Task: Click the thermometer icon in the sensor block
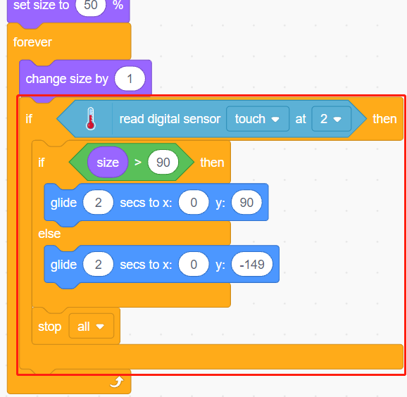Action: [91, 118]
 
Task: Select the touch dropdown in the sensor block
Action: [258, 119]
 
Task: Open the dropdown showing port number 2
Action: [331, 119]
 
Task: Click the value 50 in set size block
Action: [91, 6]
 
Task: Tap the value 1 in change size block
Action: [130, 79]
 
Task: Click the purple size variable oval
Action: [108, 163]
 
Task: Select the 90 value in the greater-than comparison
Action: [163, 163]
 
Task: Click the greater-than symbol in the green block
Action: [138, 163]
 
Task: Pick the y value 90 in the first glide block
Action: [246, 203]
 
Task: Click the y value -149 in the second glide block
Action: [252, 265]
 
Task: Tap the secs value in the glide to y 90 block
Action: [98, 203]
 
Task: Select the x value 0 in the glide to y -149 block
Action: [194, 265]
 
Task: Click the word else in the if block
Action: [49, 234]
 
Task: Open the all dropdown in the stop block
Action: [91, 326]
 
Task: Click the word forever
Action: [32, 42]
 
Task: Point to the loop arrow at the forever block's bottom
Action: [117, 382]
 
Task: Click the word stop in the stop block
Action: [49, 327]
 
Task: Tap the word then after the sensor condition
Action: [384, 119]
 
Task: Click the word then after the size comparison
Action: [212, 163]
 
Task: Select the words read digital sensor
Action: [170, 119]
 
